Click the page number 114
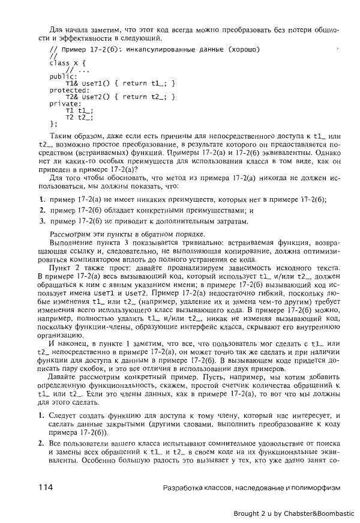click(x=45, y=487)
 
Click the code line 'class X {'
click(x=68, y=62)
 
